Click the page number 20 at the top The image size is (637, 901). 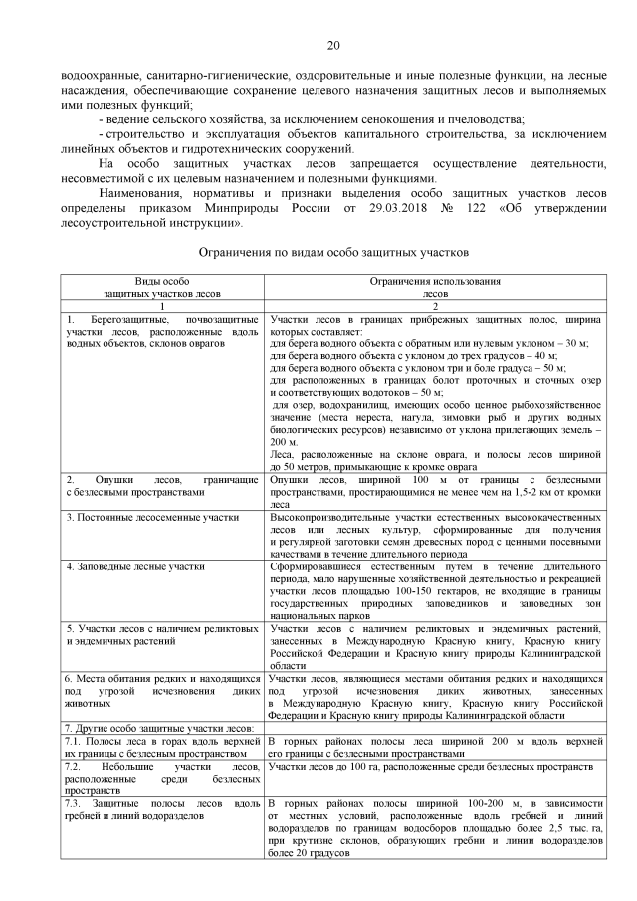(x=332, y=44)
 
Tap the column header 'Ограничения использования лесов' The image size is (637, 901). (x=435, y=289)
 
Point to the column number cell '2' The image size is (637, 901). (x=435, y=308)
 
